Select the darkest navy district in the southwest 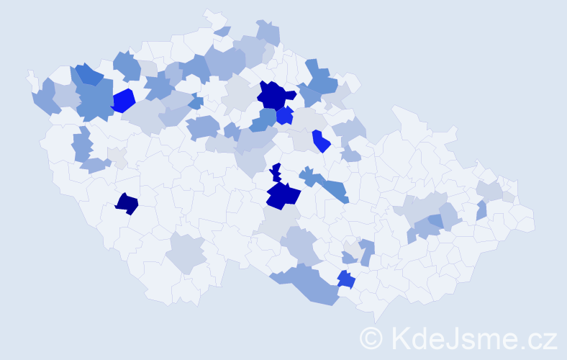127,204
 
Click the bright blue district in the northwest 123,100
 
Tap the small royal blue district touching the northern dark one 285,115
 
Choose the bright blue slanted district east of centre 321,141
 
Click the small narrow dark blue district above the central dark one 276,173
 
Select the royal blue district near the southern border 346,279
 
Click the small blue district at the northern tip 222,31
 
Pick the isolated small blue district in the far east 481,210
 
